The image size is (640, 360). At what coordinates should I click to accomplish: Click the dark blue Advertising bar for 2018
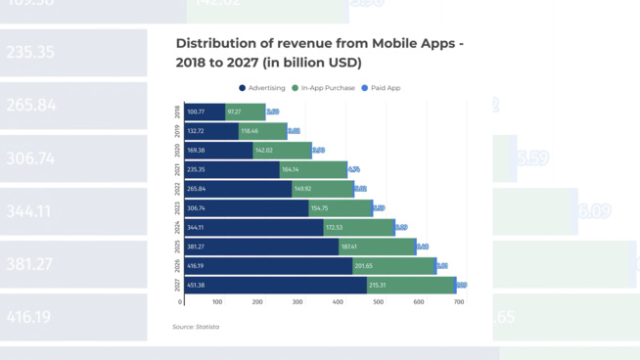pos(205,112)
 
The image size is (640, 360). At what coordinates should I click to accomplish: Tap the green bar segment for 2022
pos(323,189)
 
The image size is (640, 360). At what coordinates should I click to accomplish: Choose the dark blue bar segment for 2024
pos(254,227)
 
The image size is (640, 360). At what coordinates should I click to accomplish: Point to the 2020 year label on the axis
pos(177,151)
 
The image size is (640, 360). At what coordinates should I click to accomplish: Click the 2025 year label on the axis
pos(177,247)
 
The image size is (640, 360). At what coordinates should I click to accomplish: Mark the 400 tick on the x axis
pos(338,302)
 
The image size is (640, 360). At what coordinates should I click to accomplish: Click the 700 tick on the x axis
pos(458,302)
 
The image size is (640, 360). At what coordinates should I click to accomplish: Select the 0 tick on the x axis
pos(181,302)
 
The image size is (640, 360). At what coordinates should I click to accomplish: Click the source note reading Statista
pos(196,327)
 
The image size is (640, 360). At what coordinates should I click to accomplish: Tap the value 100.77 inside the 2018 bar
pos(196,112)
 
